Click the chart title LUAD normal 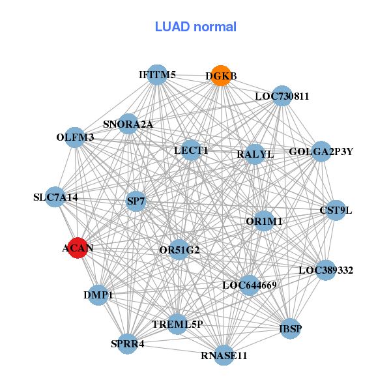click(x=195, y=27)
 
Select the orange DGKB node click(x=221, y=76)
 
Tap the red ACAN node click(x=78, y=248)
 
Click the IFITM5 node click(x=156, y=74)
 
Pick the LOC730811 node click(x=282, y=96)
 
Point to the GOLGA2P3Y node click(x=321, y=152)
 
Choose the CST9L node click(x=336, y=210)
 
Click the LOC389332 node click(x=326, y=269)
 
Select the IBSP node click(x=290, y=328)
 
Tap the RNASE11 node click(x=224, y=355)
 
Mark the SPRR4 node click(x=128, y=343)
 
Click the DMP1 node click(x=98, y=295)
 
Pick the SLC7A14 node click(x=55, y=197)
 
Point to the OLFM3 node click(x=75, y=137)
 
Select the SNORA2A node click(x=128, y=124)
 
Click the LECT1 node click(x=191, y=150)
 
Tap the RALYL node click(x=255, y=154)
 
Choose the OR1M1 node click(x=264, y=222)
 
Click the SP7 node click(x=136, y=202)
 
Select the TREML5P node click(x=177, y=324)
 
